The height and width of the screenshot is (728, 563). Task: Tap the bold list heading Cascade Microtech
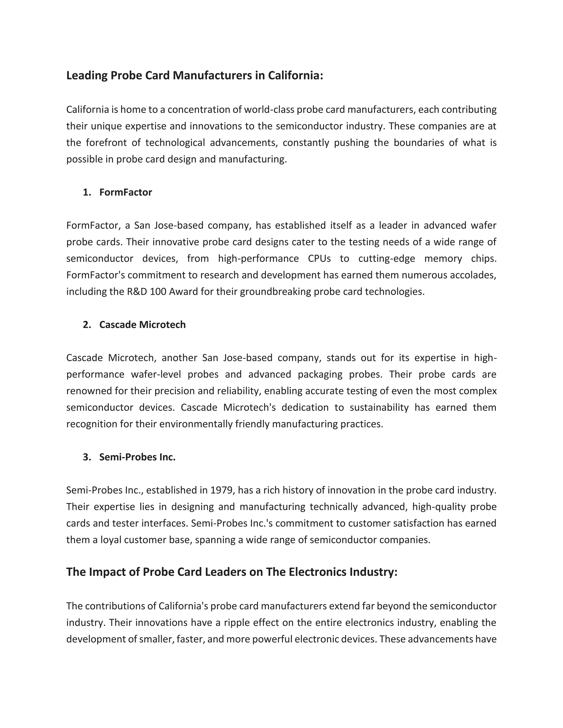pos(142,325)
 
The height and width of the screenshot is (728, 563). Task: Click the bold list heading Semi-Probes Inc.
pos(137,457)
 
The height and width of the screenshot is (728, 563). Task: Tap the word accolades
pos(473,275)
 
